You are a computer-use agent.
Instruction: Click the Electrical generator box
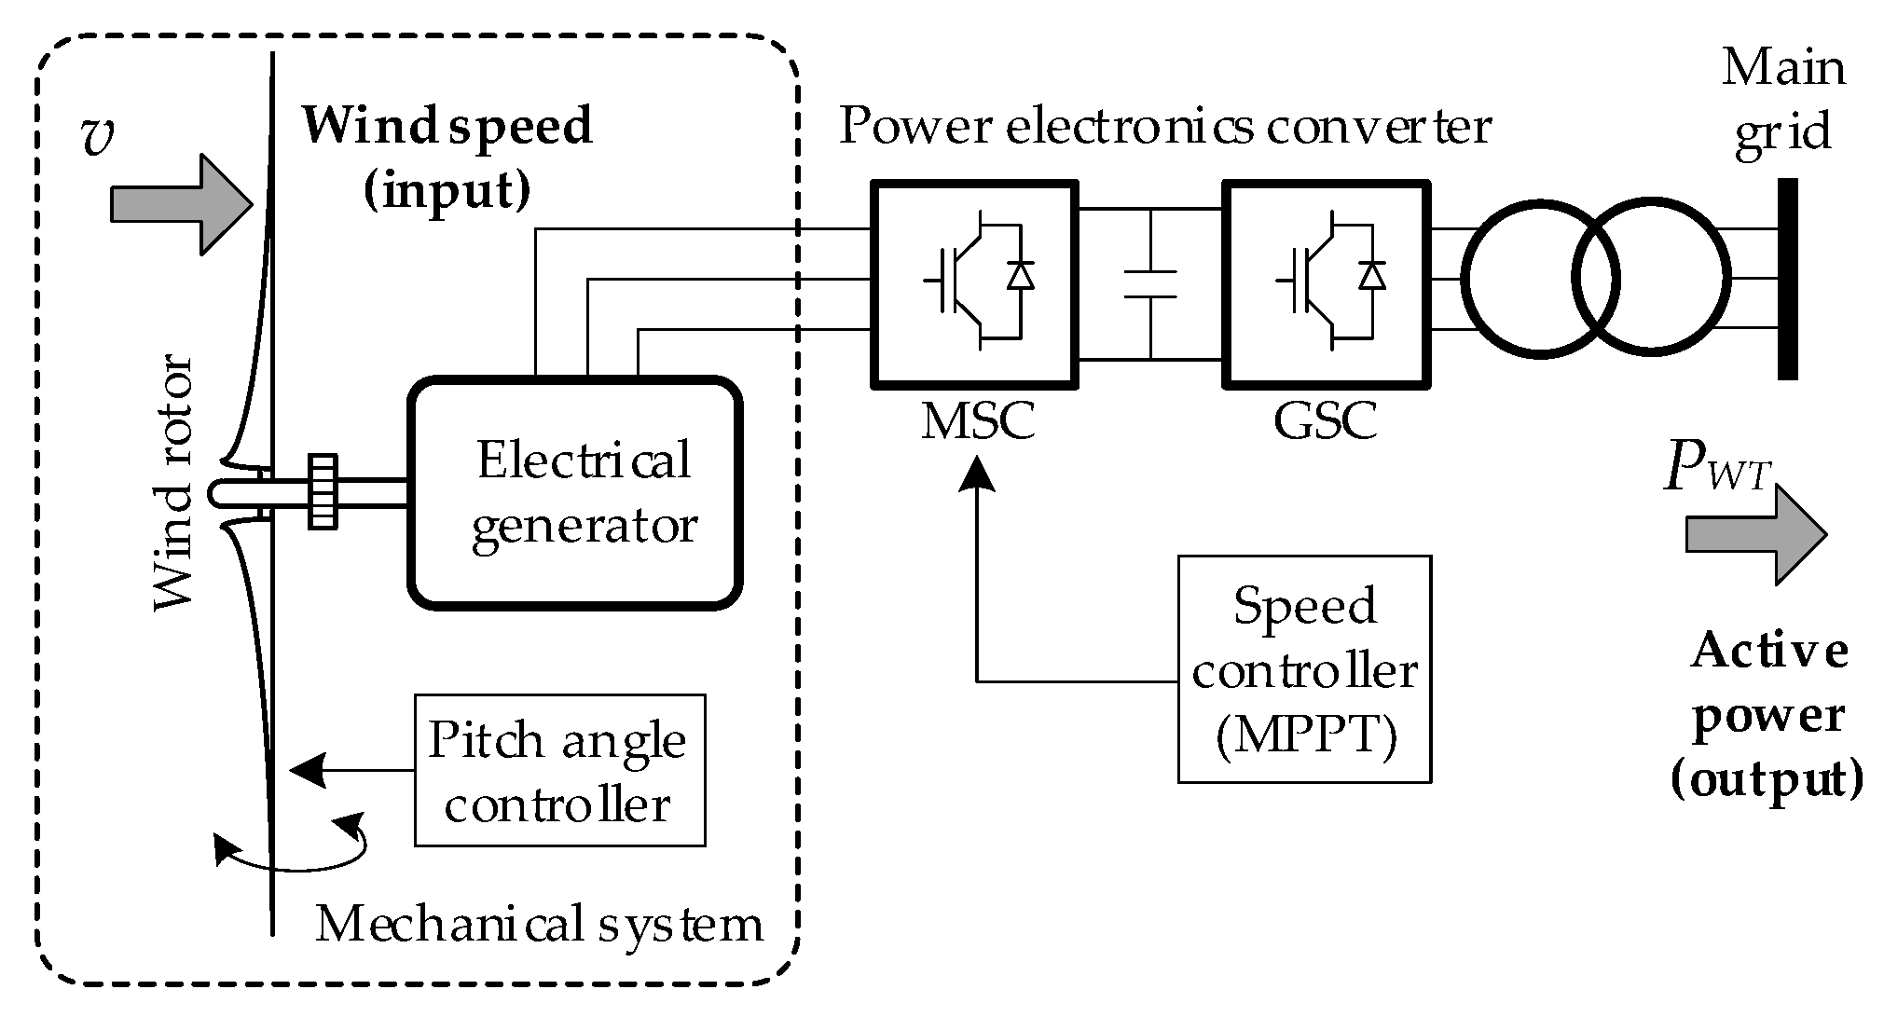pos(575,493)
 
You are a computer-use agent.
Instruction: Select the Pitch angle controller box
pos(559,770)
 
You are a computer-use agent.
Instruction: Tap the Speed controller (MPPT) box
pos(1303,669)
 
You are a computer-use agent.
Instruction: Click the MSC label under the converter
pos(977,421)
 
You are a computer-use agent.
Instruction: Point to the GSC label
pos(1325,421)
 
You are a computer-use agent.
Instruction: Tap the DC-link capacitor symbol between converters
pos(1150,284)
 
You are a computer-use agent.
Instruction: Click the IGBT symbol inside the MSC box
pos(977,280)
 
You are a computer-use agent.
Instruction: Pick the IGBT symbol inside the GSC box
pos(1327,280)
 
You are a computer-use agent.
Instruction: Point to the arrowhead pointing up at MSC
pos(977,471)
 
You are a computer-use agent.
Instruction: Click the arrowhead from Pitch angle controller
pos(308,771)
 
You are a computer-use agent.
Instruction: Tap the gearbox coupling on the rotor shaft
pos(323,492)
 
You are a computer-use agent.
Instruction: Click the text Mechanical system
pos(539,925)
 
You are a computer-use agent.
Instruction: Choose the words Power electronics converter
pos(1164,127)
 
